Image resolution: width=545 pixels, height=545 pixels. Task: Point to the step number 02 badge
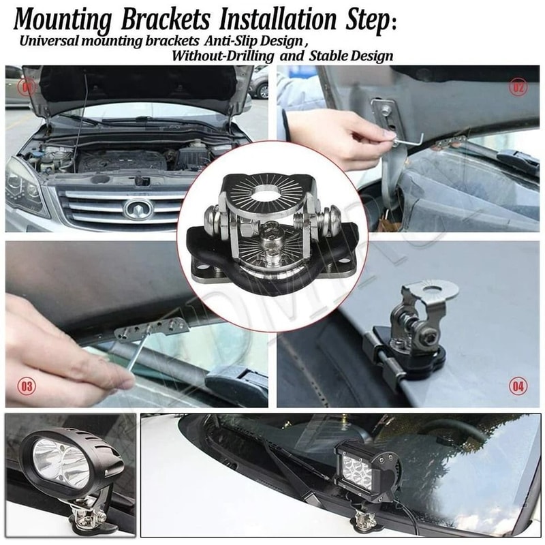(518, 87)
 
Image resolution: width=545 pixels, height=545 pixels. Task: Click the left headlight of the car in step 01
(24, 184)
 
